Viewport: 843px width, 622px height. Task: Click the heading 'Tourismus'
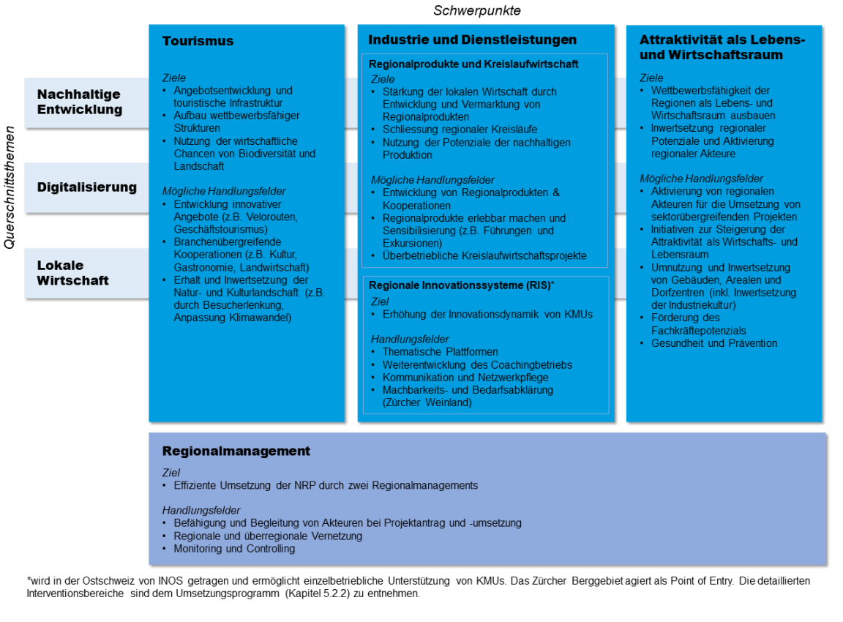[x=198, y=41]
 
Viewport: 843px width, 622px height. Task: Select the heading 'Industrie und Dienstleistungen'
[x=472, y=40]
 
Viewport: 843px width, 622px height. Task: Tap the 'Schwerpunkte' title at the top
[x=476, y=10]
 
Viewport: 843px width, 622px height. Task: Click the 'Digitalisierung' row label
[x=86, y=187]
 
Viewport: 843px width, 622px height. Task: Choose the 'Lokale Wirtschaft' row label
[x=72, y=272]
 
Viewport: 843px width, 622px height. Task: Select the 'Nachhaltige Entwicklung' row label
[x=79, y=102]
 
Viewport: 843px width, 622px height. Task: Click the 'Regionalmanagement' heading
[x=236, y=451]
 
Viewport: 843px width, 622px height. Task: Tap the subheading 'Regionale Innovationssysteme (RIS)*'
[x=461, y=284]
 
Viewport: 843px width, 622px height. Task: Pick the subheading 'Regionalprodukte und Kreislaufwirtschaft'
[x=473, y=64]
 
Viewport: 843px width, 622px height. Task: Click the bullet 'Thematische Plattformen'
[x=440, y=352]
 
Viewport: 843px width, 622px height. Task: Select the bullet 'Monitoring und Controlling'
[x=234, y=548]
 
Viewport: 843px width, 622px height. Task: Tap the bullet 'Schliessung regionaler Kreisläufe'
[x=460, y=130]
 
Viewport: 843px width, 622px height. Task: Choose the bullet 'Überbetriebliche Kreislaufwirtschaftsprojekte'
[x=484, y=255]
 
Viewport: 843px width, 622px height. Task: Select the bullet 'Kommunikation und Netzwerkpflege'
[x=465, y=378]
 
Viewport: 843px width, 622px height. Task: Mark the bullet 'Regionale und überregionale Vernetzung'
[x=268, y=536]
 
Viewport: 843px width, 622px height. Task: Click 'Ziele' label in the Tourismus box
[x=174, y=78]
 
